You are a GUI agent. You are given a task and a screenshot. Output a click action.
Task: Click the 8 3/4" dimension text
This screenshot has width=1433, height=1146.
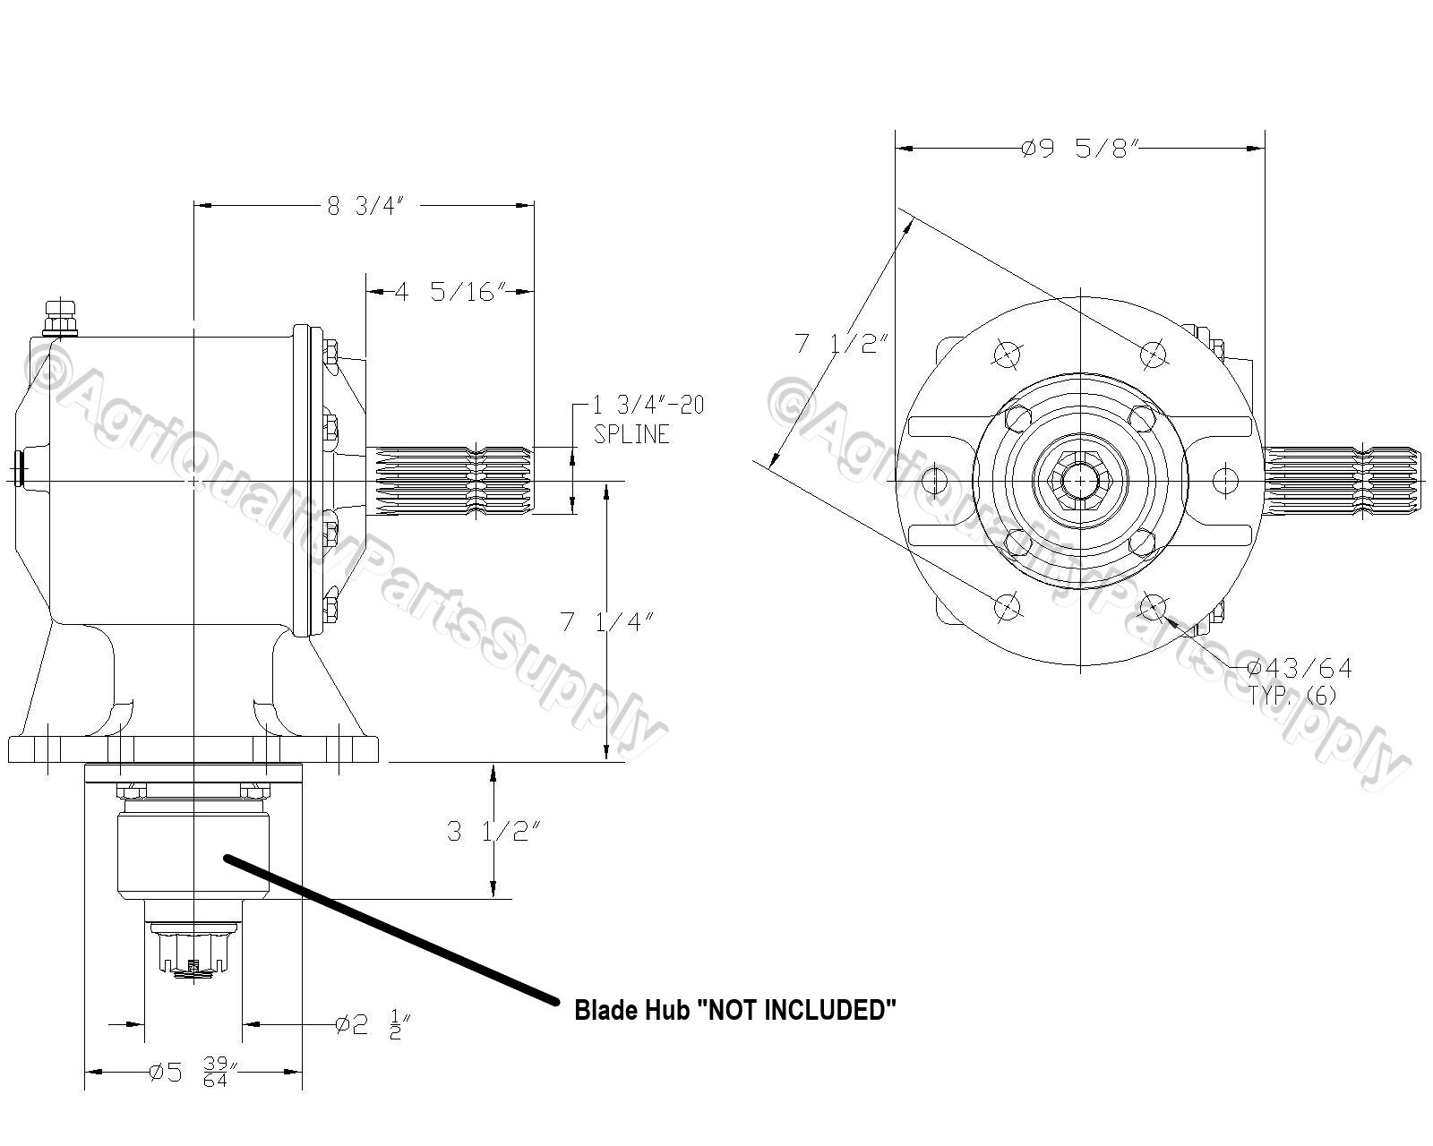pyautogui.click(x=367, y=206)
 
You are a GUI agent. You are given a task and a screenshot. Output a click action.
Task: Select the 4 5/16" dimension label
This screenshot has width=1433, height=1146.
pyautogui.click(x=450, y=292)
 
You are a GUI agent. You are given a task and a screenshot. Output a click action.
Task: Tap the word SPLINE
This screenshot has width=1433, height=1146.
pyautogui.click(x=631, y=434)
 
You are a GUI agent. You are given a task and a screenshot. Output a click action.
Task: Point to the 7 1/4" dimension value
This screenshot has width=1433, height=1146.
pyautogui.click(x=606, y=622)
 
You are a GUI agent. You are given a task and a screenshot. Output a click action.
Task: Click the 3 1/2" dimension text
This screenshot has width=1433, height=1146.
pyautogui.click(x=493, y=832)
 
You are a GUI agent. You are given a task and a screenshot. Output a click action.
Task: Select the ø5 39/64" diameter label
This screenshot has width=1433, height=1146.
pyautogui.click(x=193, y=1072)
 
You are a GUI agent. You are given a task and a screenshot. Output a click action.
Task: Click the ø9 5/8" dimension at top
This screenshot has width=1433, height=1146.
pyautogui.click(x=1078, y=149)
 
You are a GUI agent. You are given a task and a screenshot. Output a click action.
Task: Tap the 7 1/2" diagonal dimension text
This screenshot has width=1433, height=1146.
pyautogui.click(x=841, y=343)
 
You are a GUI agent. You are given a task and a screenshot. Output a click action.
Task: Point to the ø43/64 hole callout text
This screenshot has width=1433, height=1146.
pyautogui.click(x=1300, y=668)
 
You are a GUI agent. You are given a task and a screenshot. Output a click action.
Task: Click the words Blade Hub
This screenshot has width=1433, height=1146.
pyautogui.click(x=631, y=1011)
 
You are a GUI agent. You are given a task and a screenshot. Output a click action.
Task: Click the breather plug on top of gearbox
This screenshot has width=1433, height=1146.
pyautogui.click(x=61, y=317)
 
